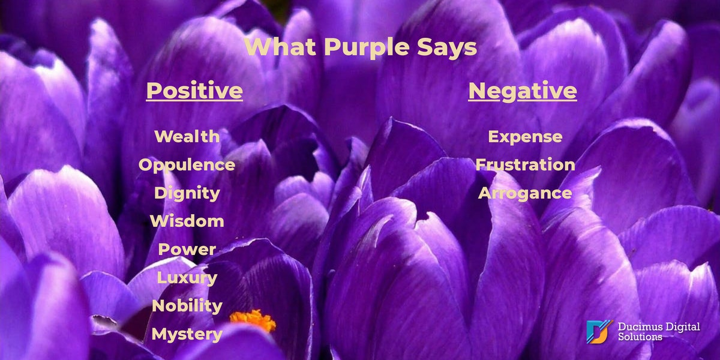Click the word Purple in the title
click(367, 48)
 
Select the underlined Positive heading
click(194, 91)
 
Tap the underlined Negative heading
click(523, 91)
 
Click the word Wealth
click(187, 136)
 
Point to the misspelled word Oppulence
click(187, 165)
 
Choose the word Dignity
click(187, 193)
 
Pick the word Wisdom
click(187, 221)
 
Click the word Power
click(187, 250)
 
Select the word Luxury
click(187, 278)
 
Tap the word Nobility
click(187, 305)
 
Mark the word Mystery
click(187, 334)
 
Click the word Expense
click(525, 137)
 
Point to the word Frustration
click(525, 164)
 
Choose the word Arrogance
click(525, 193)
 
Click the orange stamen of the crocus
click(253, 320)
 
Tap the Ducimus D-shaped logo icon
click(599, 332)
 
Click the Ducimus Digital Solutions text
click(659, 332)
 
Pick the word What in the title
click(280, 47)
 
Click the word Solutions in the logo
click(640, 337)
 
